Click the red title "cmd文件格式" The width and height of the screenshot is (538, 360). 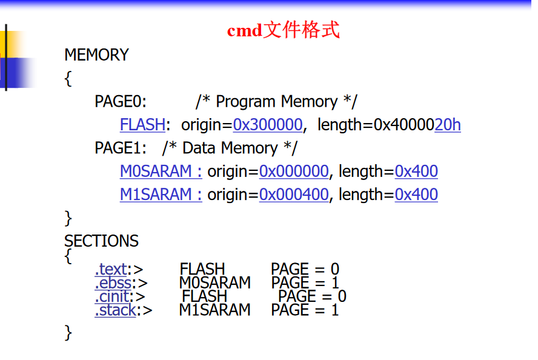(x=283, y=30)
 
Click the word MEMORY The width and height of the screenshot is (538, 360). (x=96, y=55)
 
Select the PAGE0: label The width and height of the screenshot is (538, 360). (x=121, y=102)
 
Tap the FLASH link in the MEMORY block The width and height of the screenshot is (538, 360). (x=142, y=125)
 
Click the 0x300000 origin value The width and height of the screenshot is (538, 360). (x=268, y=125)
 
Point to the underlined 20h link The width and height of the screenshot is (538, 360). (x=448, y=125)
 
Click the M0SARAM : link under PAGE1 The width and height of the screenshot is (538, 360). (x=161, y=172)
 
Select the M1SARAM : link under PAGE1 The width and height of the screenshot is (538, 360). (x=161, y=195)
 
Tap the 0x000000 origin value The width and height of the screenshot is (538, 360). (x=294, y=172)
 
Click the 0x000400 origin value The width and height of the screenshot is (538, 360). (x=294, y=195)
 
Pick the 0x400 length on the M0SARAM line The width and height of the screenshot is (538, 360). (x=416, y=172)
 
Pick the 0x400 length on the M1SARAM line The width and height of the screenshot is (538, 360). (x=416, y=195)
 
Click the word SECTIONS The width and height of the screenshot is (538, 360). (x=101, y=241)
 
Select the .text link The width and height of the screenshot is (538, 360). (x=111, y=269)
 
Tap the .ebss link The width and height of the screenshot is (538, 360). (x=113, y=283)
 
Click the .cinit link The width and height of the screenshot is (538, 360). (x=112, y=297)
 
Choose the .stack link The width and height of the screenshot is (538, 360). (x=115, y=311)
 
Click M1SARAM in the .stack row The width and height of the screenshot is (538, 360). (x=214, y=310)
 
